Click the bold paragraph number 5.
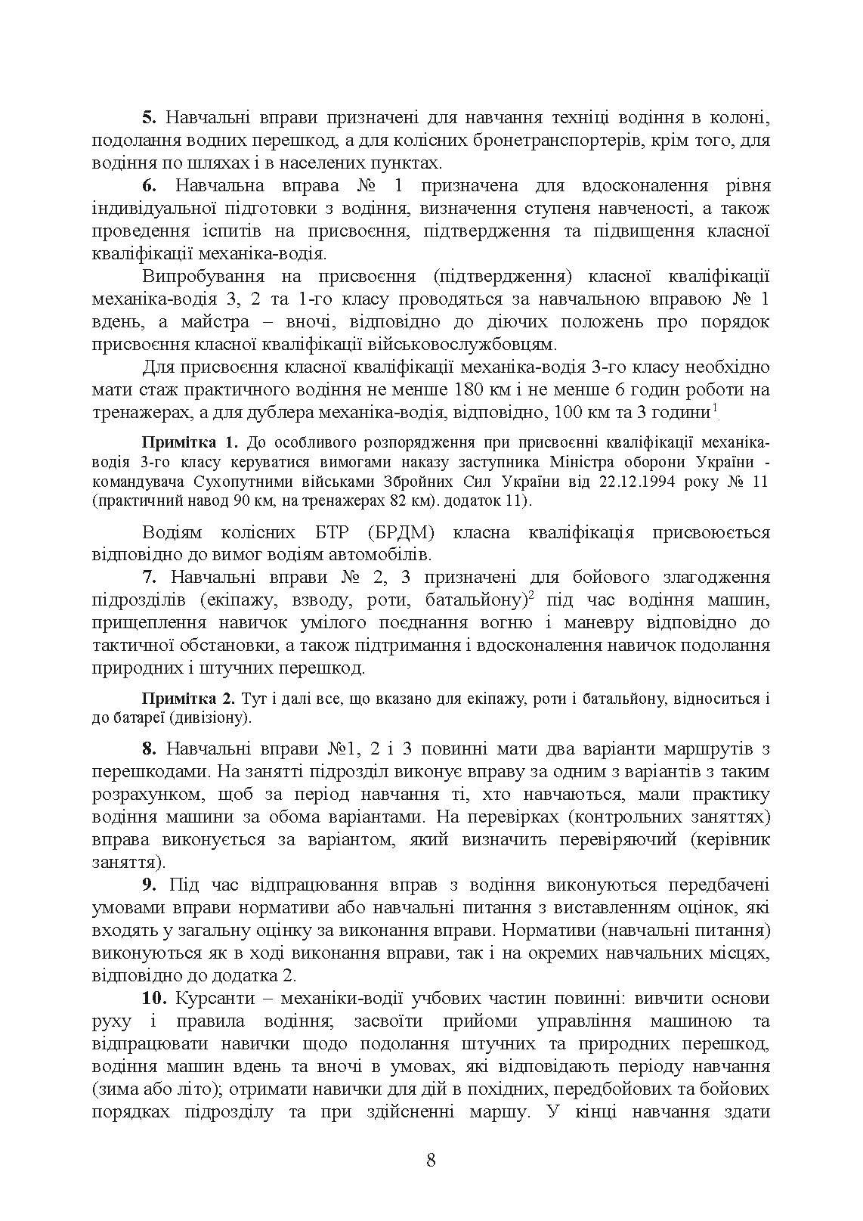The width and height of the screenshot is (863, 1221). coord(149,119)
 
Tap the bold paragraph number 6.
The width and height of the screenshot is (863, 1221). coord(149,186)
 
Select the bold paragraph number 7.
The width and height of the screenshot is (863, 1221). coord(149,578)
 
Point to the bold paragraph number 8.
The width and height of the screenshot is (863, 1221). coord(149,749)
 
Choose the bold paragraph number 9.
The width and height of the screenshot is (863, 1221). coord(149,885)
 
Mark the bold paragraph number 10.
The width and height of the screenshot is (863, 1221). coord(154,998)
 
